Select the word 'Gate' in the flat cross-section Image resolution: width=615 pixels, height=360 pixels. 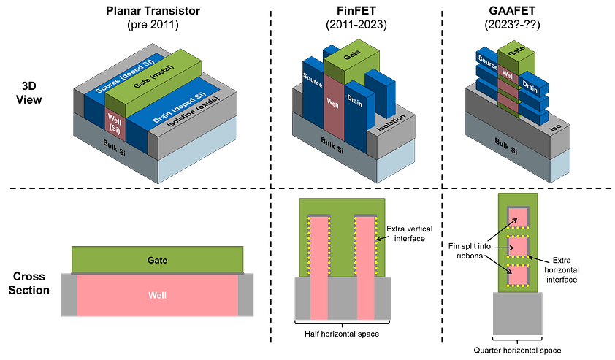158,260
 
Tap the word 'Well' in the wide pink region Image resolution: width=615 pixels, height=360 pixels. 157,295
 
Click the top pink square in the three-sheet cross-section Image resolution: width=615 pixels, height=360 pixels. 517,218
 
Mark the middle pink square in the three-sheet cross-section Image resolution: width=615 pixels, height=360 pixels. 517,247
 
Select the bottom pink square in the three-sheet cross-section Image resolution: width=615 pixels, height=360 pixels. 517,274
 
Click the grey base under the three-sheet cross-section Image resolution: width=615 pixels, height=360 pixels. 517,314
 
